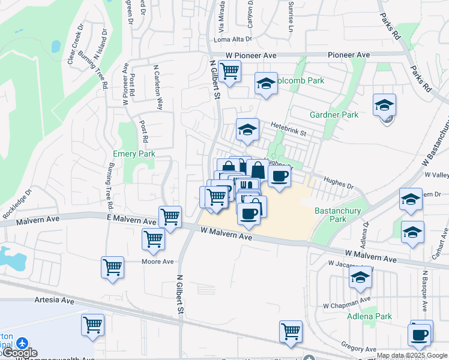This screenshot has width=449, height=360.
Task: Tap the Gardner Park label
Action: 334,115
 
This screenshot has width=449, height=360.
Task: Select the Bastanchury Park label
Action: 331,215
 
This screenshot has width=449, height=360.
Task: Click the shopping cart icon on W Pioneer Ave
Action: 229,71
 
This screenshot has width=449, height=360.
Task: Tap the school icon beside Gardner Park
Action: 384,105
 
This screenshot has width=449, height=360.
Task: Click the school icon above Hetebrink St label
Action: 247,130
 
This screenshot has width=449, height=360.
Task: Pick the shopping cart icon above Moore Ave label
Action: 154,239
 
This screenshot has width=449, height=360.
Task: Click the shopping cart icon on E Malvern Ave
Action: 170,217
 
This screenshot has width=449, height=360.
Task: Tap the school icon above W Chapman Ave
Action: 360,278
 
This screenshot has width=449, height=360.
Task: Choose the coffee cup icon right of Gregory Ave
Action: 419,334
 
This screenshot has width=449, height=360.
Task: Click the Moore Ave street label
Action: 157,262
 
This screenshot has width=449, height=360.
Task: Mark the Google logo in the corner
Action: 19,353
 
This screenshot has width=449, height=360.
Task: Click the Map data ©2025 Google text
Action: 412,355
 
